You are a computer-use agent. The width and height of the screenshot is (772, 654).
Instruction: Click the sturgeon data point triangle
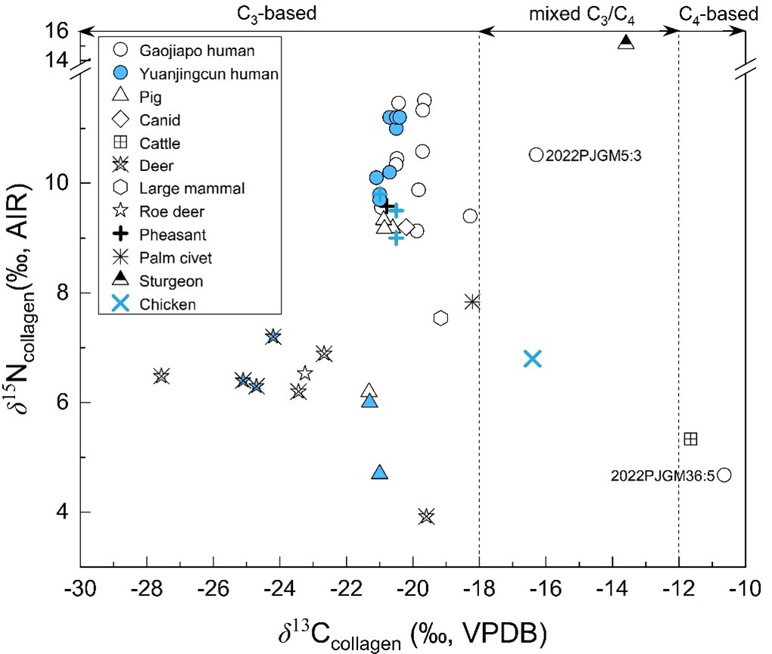coord(626,42)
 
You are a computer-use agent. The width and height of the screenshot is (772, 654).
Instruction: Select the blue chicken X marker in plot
coord(533,359)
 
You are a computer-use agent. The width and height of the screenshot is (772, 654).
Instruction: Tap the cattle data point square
coord(690,438)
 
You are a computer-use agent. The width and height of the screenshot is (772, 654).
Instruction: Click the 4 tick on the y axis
coord(67,512)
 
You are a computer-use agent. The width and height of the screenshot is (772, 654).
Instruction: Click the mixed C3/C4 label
coord(580,13)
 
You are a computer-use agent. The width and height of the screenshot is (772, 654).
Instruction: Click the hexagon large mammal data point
coord(441,318)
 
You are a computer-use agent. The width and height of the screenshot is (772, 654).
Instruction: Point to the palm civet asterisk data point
coord(472,301)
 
